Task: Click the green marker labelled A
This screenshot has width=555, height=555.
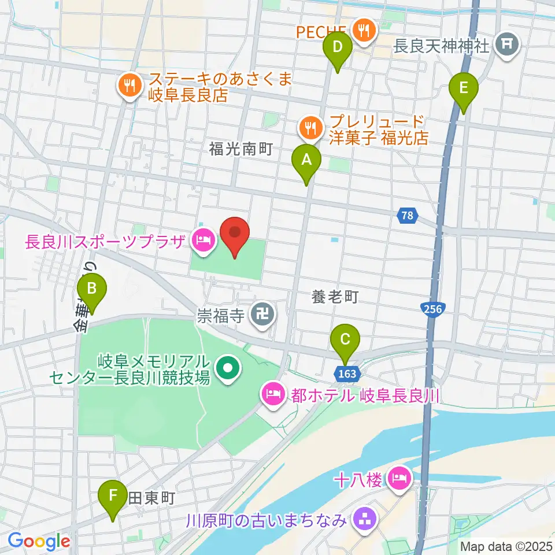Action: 306,161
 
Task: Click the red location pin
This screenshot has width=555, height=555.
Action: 235,236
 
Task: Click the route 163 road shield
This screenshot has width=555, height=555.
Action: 348,374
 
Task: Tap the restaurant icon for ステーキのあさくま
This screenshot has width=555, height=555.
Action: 128,87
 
